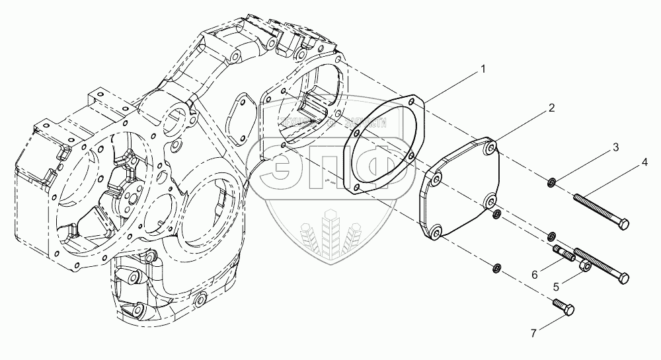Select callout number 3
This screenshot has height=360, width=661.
(615, 147)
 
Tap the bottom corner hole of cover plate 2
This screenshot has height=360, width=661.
(436, 232)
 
